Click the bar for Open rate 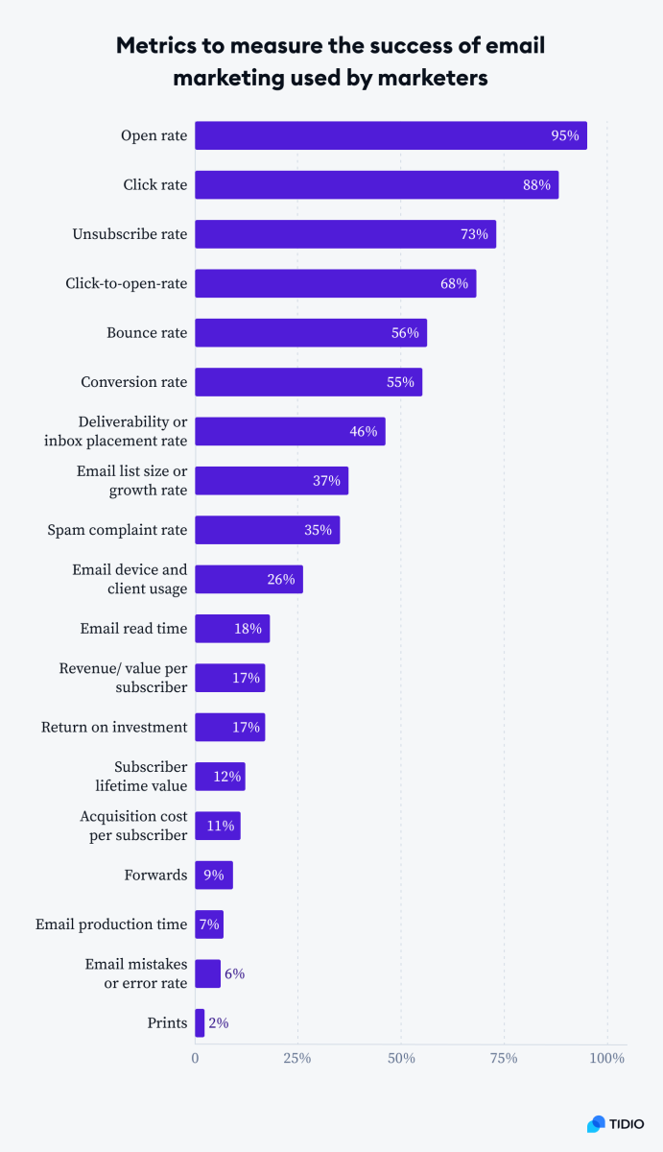(x=391, y=135)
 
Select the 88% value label (x=536, y=185)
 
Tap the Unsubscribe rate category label (x=130, y=234)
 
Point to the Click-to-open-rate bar (x=335, y=283)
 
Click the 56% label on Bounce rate (x=405, y=333)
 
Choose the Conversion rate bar (x=308, y=382)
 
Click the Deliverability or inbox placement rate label (x=115, y=431)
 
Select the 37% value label (x=326, y=481)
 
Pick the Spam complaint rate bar (x=267, y=530)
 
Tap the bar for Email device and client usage (x=249, y=579)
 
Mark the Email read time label (x=133, y=629)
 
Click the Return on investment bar (x=229, y=727)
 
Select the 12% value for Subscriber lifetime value (x=226, y=777)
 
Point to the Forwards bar (x=213, y=876)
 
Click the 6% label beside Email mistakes (x=234, y=973)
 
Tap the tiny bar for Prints (x=200, y=1023)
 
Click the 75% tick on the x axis (x=504, y=1058)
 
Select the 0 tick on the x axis (x=196, y=1058)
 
